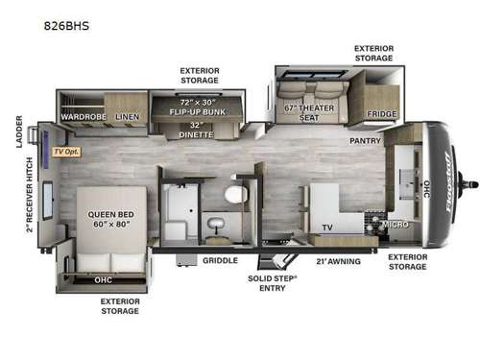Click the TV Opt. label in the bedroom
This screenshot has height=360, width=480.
pos(66,152)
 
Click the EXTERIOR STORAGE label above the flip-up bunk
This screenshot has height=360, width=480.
pos(200,75)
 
